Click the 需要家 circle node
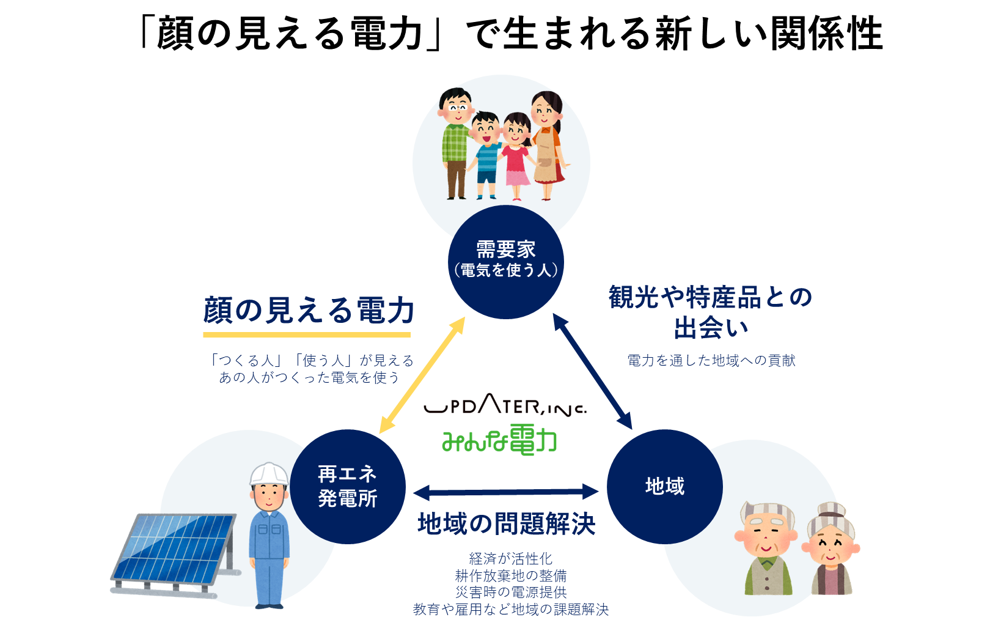[x=505, y=262]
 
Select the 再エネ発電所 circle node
[x=347, y=487]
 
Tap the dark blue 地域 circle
[x=664, y=487]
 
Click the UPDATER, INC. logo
[x=504, y=407]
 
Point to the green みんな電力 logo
[x=499, y=440]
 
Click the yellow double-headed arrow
[x=422, y=375]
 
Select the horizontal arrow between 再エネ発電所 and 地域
[x=505, y=492]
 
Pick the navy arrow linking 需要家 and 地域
[x=592, y=372]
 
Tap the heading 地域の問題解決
[x=506, y=524]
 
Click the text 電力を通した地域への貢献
[x=711, y=361]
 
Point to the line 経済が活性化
[x=510, y=558]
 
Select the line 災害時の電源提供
[x=510, y=592]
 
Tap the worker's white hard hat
[x=268, y=473]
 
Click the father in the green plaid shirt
[x=455, y=144]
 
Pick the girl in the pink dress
[x=517, y=156]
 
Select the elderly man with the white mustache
[x=767, y=548]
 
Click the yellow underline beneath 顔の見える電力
[x=306, y=334]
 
